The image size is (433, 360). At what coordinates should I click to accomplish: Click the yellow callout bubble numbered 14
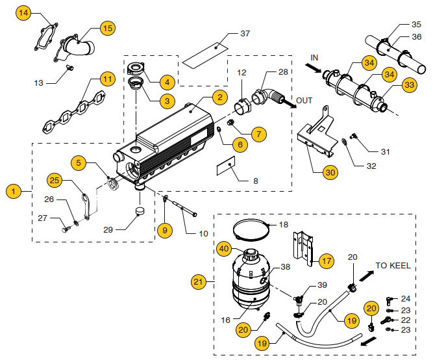pos(23,13)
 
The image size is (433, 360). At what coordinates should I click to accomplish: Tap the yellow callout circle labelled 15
pos(107,28)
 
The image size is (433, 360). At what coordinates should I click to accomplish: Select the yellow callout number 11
pos(107,79)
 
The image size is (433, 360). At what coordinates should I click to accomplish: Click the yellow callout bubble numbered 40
pos(224,249)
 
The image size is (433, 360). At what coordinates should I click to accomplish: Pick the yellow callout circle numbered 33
pos(410,84)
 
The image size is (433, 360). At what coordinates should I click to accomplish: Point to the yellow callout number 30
pos(330,173)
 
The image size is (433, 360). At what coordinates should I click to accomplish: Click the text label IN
pos(314,58)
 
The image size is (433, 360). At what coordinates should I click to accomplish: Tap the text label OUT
pos(304,100)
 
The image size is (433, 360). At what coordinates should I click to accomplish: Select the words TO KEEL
pos(393,265)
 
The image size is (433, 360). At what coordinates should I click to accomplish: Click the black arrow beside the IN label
pos(313,68)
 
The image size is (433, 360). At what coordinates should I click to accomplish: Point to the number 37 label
pos(245,33)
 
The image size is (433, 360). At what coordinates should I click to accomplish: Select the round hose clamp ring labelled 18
pos(251,229)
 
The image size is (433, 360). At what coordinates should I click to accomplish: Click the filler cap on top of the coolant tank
pos(251,254)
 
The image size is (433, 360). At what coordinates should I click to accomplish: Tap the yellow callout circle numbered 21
pos(199,282)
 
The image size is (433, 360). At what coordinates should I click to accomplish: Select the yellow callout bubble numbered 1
pos(14,191)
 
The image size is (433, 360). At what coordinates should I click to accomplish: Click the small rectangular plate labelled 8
pos(226,166)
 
